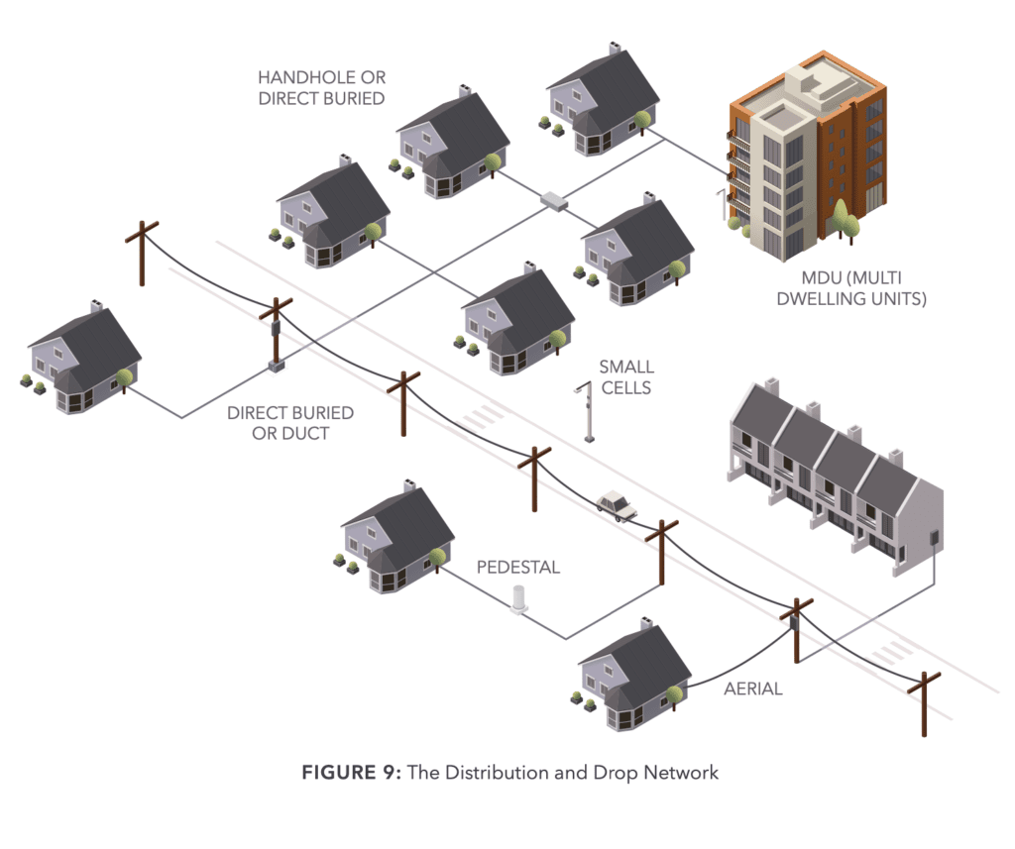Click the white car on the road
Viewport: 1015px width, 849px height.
pyautogui.click(x=617, y=506)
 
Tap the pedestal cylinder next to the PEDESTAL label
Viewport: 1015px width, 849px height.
pyautogui.click(x=517, y=599)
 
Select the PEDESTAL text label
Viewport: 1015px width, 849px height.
pyautogui.click(x=517, y=567)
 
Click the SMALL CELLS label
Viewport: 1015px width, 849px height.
pyautogui.click(x=625, y=377)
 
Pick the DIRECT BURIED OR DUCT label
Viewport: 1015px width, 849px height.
pyautogui.click(x=289, y=422)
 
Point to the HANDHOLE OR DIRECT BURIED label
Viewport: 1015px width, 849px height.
pyautogui.click(x=320, y=87)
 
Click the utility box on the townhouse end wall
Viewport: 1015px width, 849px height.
pyautogui.click(x=932, y=538)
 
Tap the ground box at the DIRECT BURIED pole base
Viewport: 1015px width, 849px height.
pyautogui.click(x=277, y=367)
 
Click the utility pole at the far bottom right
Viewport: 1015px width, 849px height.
pyautogui.click(x=925, y=702)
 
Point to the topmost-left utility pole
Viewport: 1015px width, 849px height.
pyautogui.click(x=142, y=254)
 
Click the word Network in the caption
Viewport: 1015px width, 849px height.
pyautogui.click(x=683, y=772)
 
